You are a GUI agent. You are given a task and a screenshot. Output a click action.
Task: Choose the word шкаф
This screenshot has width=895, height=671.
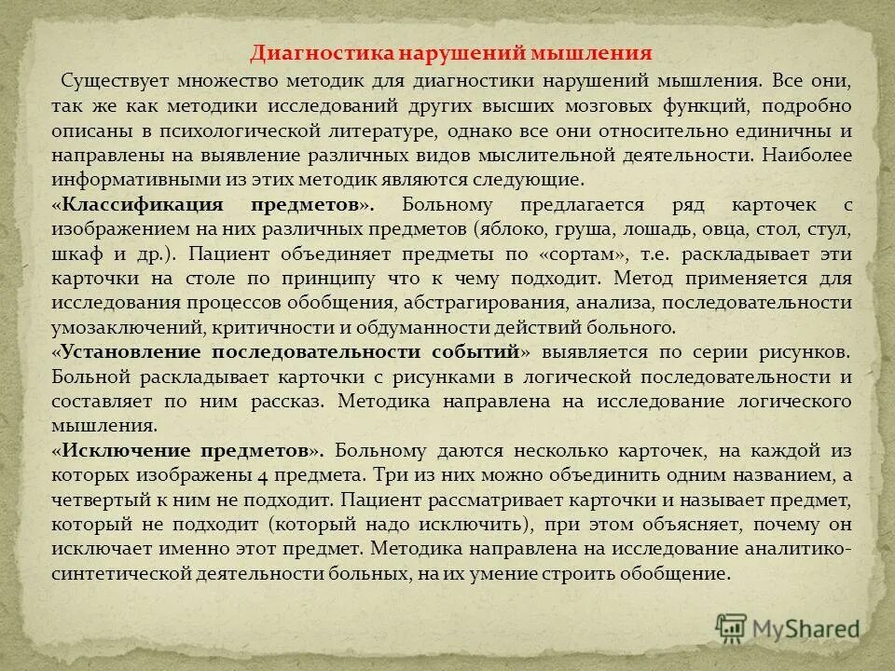pyautogui.click(x=75, y=253)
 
